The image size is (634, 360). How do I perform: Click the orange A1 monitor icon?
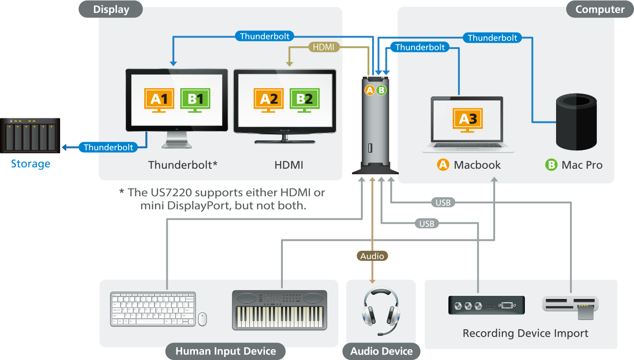coord(159,100)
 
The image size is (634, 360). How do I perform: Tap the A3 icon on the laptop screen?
coord(468,120)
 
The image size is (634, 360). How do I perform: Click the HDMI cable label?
coord(324,47)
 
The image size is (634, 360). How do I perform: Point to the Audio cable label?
coord(372,256)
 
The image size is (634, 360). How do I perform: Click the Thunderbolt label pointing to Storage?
coord(109,147)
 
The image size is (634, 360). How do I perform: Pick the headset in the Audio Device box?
coord(380,310)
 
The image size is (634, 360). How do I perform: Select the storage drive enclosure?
coord(30,136)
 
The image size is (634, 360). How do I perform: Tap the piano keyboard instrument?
coord(280,310)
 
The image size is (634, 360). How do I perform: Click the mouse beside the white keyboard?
coord(202,319)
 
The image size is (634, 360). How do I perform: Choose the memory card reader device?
coord(570,306)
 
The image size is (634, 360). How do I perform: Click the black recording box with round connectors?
coord(486,305)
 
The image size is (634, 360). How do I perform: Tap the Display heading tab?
coord(111,9)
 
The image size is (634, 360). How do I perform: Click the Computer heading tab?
coord(600,9)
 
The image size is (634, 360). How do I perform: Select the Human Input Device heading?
coord(226,352)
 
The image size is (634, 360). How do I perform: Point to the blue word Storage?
coord(31,164)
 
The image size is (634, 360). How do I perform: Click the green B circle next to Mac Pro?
coord(551,165)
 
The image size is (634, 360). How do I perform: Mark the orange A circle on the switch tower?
coord(369,90)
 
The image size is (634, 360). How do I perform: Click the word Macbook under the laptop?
coord(477,165)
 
